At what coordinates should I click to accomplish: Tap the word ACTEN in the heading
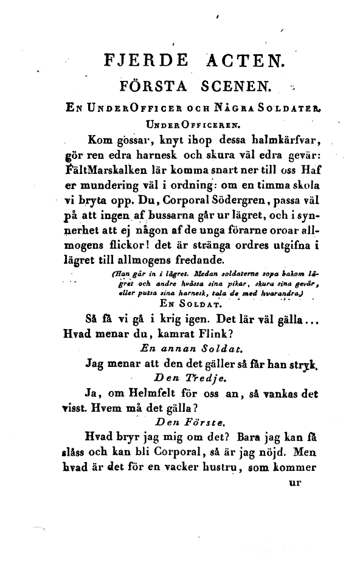click(x=245, y=61)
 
